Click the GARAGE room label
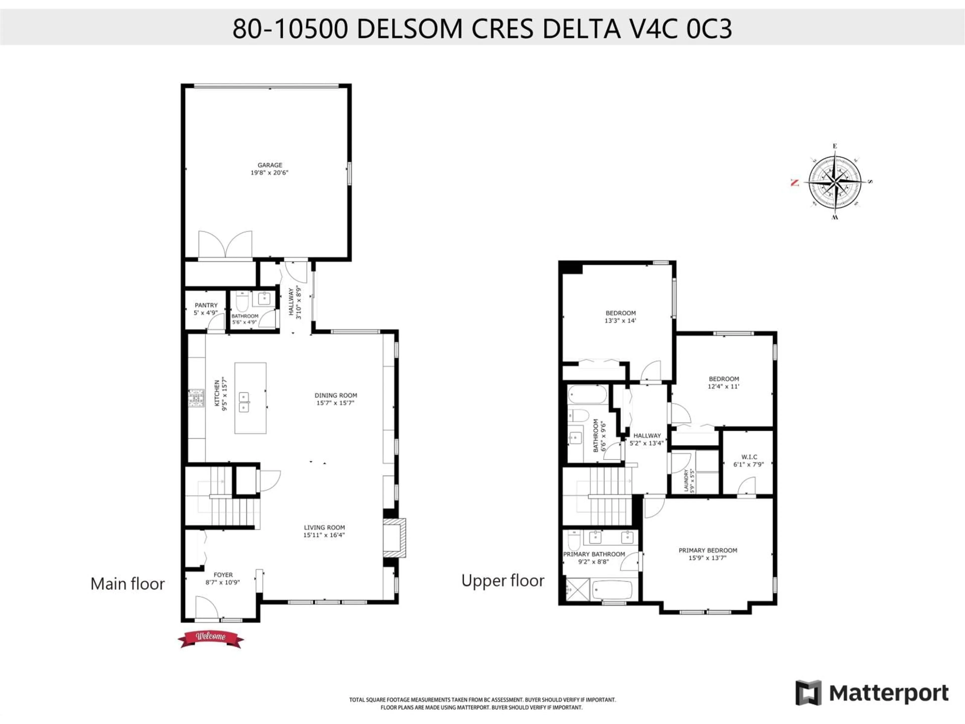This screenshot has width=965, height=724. pos(270,165)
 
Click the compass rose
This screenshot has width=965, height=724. pos(835,182)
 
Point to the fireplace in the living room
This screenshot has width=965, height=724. pos(394,538)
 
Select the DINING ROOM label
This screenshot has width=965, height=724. pos(335,395)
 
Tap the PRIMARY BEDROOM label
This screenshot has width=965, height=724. pos(708,550)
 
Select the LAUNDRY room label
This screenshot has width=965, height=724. pos(686,480)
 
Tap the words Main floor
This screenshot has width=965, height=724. pos(127,584)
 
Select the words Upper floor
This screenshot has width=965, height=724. pos(503,580)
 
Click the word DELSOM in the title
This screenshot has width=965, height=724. pos(409,29)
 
